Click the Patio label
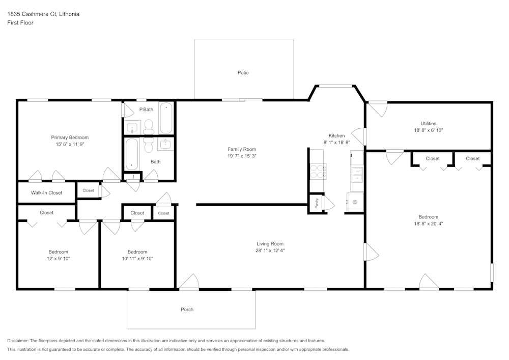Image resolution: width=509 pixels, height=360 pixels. click(x=243, y=73)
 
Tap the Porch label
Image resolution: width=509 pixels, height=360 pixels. click(x=187, y=310)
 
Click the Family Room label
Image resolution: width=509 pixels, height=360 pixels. click(x=241, y=149)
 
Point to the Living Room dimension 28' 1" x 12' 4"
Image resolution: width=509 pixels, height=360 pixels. click(x=270, y=251)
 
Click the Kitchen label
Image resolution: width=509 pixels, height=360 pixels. click(x=336, y=135)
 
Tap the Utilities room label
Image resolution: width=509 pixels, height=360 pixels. click(x=428, y=123)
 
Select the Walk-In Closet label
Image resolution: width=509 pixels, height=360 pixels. click(x=46, y=193)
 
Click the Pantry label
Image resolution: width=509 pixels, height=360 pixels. click(x=317, y=204)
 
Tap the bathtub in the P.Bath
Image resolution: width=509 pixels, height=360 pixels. click(x=166, y=118)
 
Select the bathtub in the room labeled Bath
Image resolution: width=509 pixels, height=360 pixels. click(x=132, y=154)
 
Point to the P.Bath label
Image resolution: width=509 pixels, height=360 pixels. click(x=146, y=109)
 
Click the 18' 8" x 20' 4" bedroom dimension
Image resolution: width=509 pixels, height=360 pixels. click(x=428, y=224)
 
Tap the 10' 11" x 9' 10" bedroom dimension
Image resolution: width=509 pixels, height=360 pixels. click(x=137, y=259)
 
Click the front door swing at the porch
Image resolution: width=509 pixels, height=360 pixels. click(x=189, y=282)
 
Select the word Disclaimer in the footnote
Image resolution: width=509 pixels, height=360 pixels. click(x=18, y=341)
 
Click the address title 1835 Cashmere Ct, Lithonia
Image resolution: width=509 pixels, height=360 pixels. click(x=43, y=14)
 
